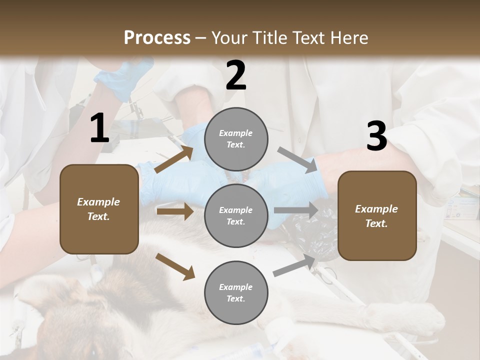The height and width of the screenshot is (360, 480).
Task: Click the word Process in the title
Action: [157, 37]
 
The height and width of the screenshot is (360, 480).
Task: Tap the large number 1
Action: [99, 128]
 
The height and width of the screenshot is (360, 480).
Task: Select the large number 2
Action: [236, 75]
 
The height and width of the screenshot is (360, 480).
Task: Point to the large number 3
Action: [376, 137]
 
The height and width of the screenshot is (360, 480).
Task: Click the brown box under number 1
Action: [99, 209]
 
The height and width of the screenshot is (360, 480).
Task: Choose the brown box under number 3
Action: [377, 215]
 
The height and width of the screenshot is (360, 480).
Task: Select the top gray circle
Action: [236, 139]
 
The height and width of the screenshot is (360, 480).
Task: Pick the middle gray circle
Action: [236, 215]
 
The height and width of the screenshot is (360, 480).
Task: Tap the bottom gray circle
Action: [236, 292]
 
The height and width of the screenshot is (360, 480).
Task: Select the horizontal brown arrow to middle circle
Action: [175, 211]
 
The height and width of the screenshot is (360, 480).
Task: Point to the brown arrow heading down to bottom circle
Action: [175, 266]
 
